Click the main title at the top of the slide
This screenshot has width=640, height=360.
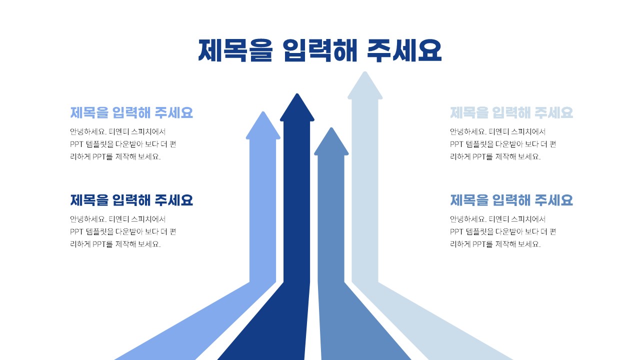[320, 50]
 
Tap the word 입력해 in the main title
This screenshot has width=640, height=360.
[319, 50]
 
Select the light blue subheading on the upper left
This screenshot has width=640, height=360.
[131, 112]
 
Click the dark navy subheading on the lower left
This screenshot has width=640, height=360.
[131, 200]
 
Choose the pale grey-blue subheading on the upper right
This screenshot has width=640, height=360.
[511, 112]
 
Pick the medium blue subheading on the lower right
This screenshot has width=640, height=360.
[511, 200]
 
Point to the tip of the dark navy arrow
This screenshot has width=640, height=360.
[297, 95]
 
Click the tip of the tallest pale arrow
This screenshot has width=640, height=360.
[365, 73]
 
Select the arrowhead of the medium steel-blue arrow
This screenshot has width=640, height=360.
[331, 142]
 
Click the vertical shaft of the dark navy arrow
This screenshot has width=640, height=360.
[297, 200]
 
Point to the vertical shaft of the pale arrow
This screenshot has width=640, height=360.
[365, 190]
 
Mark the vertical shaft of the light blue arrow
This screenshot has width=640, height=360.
[263, 210]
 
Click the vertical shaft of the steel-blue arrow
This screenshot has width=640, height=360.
[331, 220]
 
